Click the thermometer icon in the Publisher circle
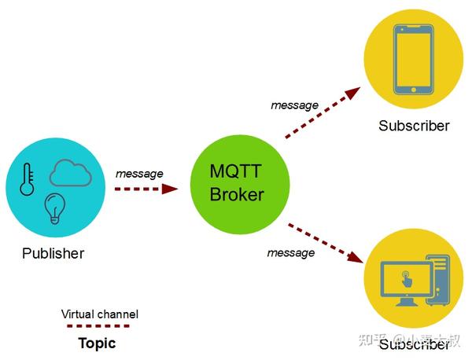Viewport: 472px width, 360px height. [x=28, y=179]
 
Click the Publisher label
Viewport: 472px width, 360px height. [x=53, y=253]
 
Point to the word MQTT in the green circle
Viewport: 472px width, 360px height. [x=236, y=171]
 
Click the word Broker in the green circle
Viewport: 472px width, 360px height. [x=236, y=194]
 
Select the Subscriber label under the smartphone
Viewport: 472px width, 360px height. [x=414, y=126]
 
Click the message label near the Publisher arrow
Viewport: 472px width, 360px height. [x=139, y=173]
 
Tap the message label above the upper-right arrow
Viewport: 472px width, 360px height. [x=294, y=105]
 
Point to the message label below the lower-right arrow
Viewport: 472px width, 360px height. [x=290, y=252]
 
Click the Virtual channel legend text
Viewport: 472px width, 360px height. [x=100, y=314]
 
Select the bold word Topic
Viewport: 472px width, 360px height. [x=97, y=343]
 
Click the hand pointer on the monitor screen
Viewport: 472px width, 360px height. [x=406, y=278]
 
